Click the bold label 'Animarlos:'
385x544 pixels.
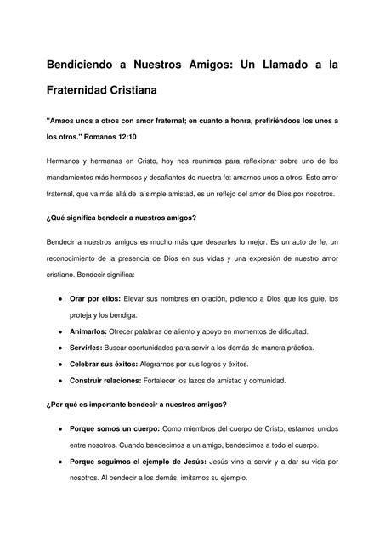[x=89, y=331]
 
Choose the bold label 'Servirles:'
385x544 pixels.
[x=88, y=347]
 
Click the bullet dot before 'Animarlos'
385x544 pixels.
[x=58, y=331]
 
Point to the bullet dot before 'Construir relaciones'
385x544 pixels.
[x=58, y=380]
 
